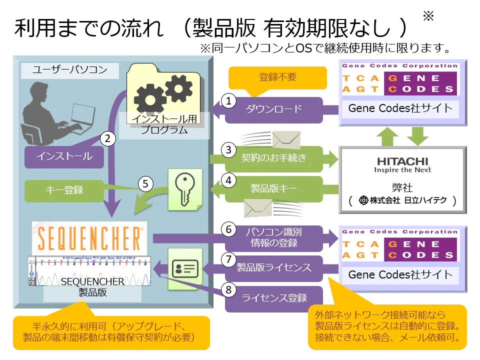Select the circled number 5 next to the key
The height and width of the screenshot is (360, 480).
click(145, 184)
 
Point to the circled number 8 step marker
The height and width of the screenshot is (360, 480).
click(229, 289)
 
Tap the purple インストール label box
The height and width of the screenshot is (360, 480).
click(64, 156)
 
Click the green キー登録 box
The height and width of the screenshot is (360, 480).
click(64, 190)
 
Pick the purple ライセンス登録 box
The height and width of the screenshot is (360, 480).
click(274, 298)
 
